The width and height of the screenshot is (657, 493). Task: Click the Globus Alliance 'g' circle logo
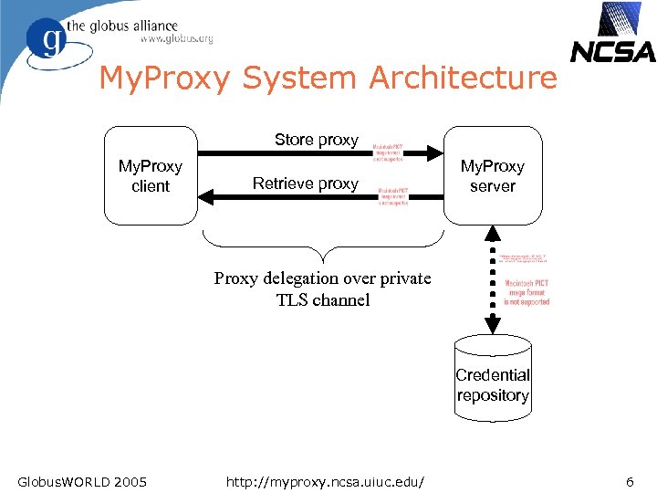(x=46, y=39)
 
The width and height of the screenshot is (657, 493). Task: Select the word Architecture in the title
(x=463, y=79)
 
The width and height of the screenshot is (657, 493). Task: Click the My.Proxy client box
(x=151, y=175)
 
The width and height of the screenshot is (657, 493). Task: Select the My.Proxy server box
(x=492, y=175)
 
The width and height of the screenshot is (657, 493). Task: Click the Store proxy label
(x=317, y=140)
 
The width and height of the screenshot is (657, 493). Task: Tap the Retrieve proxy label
(x=305, y=184)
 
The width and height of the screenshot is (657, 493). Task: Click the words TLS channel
(x=323, y=299)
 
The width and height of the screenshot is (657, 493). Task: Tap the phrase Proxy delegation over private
(x=322, y=278)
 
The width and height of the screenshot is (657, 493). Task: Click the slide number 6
(x=630, y=480)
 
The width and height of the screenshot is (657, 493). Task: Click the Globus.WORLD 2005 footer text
(x=82, y=480)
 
